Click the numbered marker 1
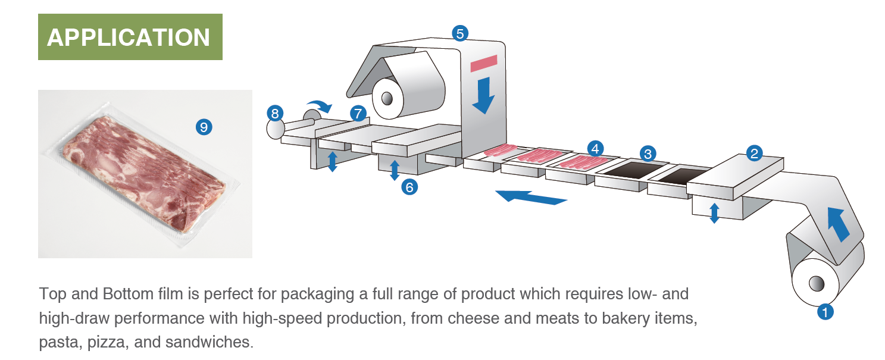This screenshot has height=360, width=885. click(824, 311)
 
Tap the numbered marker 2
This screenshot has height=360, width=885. click(755, 154)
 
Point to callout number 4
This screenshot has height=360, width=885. click(595, 148)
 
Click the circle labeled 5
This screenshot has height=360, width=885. click(459, 33)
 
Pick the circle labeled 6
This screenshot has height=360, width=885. click(409, 187)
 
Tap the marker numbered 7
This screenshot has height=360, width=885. click(358, 114)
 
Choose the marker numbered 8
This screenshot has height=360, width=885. click(275, 114)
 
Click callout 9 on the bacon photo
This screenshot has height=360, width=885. click(204, 126)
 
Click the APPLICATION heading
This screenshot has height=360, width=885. click(130, 37)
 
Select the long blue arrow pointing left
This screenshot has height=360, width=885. click(530, 197)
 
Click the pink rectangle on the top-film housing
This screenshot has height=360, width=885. click(483, 62)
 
